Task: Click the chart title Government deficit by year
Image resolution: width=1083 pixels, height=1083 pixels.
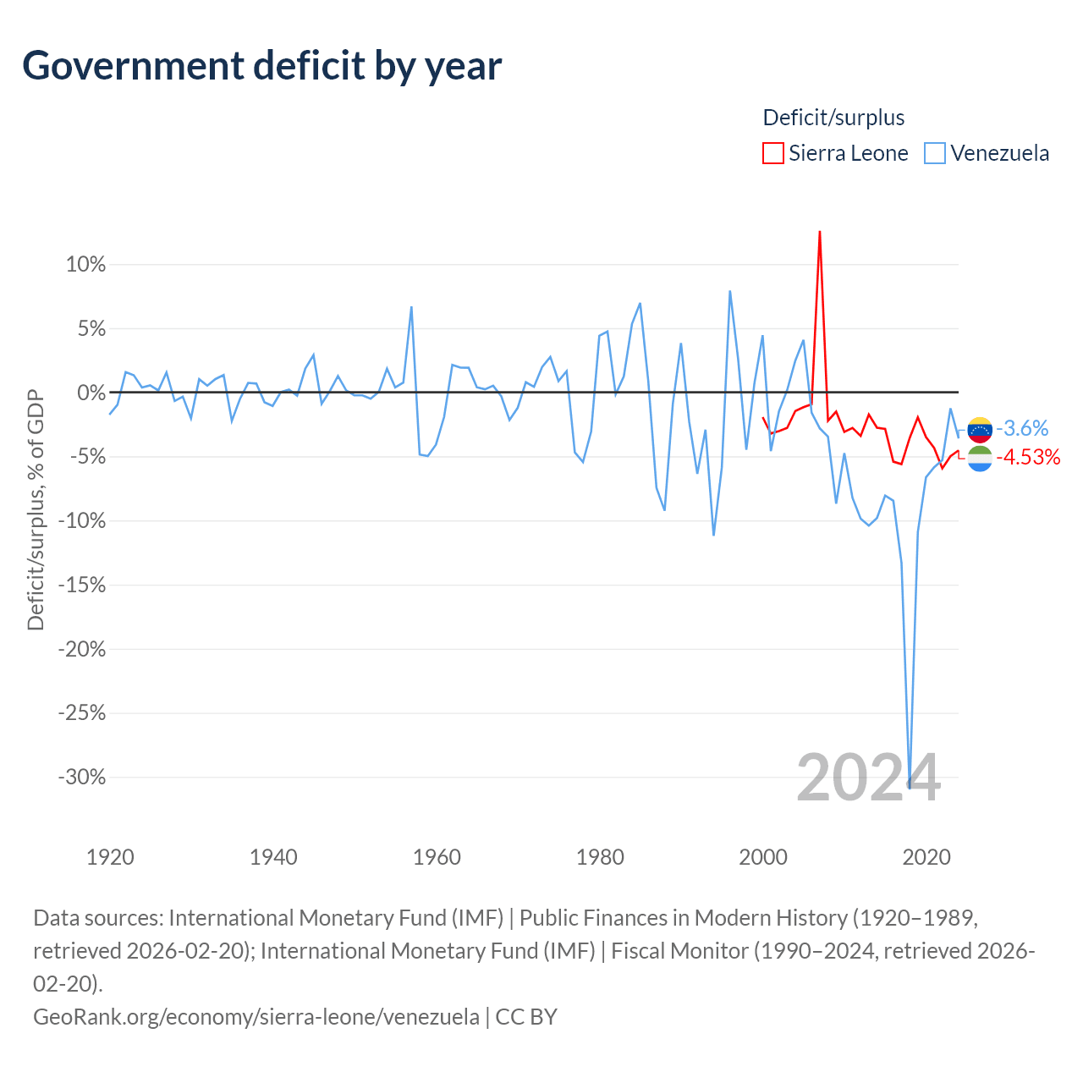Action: coord(261,66)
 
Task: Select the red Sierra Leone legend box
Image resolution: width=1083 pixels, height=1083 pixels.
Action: coord(772,153)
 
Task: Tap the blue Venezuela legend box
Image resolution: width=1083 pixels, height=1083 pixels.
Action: coord(934,153)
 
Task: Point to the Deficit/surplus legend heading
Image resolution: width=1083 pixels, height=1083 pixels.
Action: coord(833,118)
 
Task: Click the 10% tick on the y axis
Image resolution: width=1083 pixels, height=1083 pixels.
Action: coord(85,264)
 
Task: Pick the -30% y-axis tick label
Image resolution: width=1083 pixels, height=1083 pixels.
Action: coord(82,778)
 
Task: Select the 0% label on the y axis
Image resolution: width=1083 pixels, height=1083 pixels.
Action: coord(91,393)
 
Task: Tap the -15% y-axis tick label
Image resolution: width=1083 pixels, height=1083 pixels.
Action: coord(82,585)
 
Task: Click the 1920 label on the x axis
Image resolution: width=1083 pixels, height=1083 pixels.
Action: coord(110,858)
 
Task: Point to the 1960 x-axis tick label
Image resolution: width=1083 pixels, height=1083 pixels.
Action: coord(437,858)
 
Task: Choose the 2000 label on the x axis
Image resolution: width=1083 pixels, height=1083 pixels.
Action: coord(762,858)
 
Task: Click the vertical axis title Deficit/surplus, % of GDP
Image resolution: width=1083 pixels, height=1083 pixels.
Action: coord(36,509)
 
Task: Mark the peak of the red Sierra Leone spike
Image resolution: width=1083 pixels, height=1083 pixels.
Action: coord(819,232)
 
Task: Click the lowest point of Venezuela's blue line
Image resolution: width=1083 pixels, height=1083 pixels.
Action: coord(910,788)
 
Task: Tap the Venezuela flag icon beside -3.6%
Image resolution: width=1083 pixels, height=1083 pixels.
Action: coord(980,430)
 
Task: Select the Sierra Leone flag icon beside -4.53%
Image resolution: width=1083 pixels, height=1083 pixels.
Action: coord(980,459)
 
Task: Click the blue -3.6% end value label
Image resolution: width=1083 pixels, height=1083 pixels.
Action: coord(1022,429)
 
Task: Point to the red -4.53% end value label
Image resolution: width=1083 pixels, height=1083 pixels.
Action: coord(1028,458)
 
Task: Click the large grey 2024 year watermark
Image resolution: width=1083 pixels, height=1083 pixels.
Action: coord(868,778)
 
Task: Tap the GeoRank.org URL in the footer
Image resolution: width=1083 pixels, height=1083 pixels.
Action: coord(256,1017)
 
